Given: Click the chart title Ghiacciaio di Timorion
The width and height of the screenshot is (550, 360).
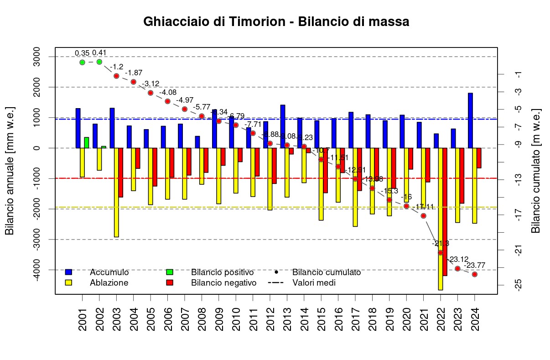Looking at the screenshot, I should [276, 21].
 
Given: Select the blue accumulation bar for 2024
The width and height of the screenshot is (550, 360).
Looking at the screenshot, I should [470, 120].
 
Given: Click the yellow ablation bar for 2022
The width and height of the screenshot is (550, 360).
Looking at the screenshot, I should [440, 219].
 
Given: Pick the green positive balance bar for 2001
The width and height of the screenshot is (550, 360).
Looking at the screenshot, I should [87, 142].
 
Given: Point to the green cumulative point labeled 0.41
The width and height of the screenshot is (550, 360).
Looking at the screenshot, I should [99, 62].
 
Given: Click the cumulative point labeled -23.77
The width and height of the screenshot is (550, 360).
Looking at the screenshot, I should [475, 274].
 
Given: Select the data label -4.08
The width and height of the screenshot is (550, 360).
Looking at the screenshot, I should [168, 93].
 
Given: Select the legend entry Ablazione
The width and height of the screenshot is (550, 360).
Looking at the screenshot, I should [109, 283].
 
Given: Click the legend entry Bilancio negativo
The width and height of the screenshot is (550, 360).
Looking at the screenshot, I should [223, 283].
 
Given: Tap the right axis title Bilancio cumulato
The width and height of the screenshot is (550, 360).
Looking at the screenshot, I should [536, 171].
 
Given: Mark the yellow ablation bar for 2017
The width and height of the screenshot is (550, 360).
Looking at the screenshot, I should [355, 187].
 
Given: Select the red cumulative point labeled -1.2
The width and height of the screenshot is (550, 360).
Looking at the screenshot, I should [116, 76].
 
